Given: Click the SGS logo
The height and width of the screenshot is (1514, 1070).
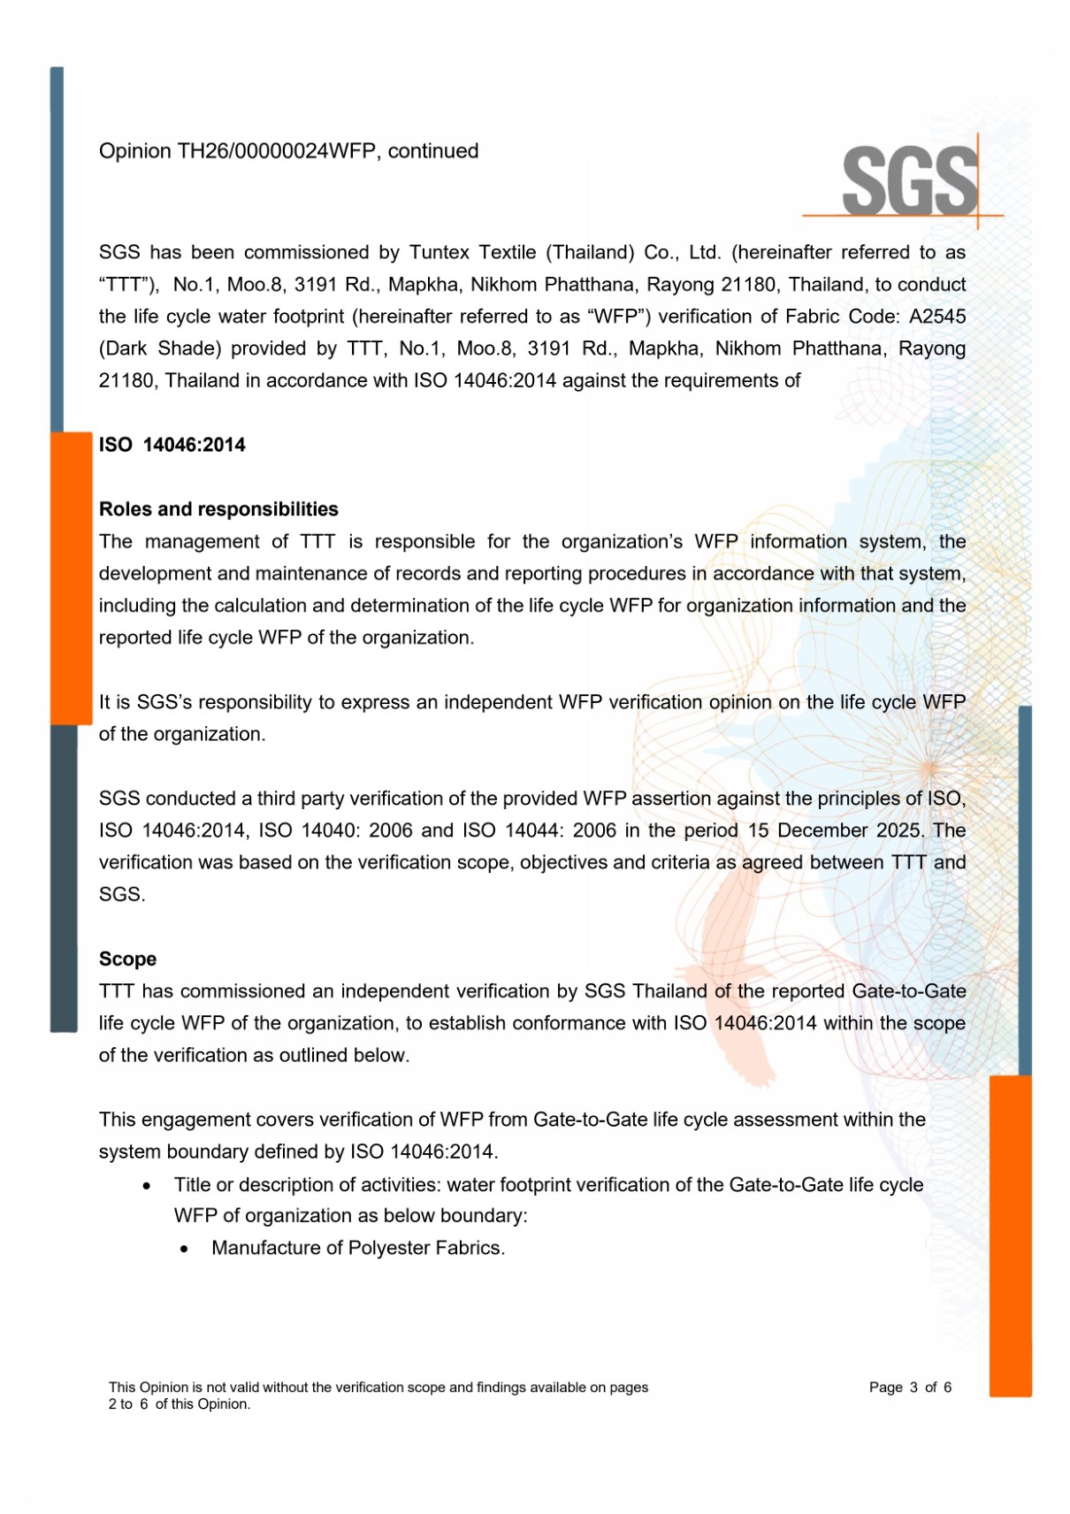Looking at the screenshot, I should pos(909,180).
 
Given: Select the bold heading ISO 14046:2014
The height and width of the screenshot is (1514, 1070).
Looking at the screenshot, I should pos(172,445).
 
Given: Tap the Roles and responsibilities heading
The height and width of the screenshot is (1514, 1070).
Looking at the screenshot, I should pos(218,509).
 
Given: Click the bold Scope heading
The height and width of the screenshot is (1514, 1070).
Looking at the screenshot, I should pos(127,960).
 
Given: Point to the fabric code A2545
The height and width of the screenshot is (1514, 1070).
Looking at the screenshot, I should pos(937,317).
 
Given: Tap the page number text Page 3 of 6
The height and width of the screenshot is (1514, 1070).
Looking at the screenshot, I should pos(910,1388).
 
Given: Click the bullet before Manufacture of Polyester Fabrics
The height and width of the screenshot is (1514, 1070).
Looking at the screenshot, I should pos(184,1250).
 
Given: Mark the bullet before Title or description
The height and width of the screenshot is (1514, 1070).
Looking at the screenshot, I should pos(147,1186).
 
